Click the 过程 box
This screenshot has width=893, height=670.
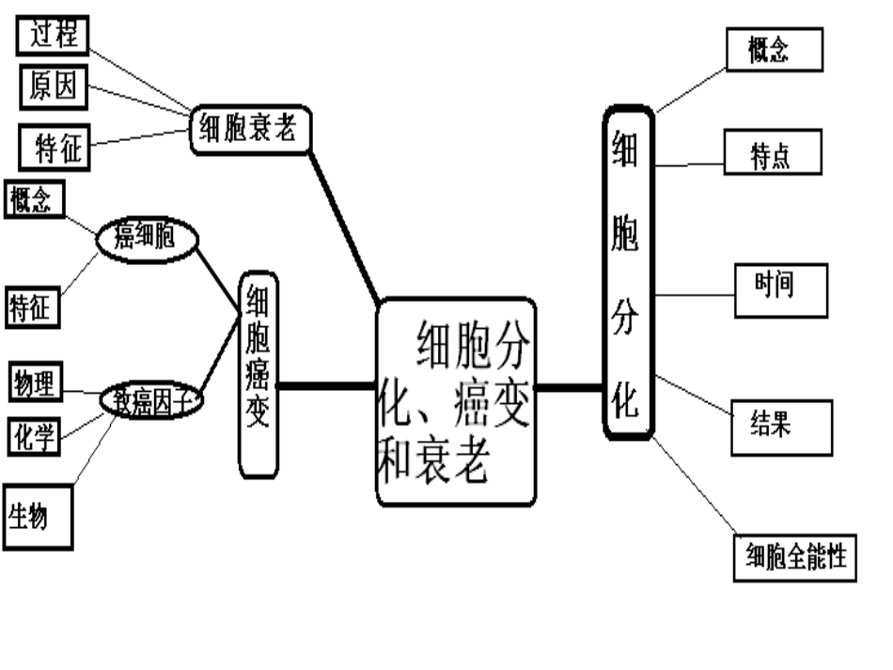53,35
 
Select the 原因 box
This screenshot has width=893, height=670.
54,89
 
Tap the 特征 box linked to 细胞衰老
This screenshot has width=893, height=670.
56,148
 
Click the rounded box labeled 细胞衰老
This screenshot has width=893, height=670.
250,130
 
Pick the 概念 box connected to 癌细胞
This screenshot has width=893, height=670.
35,200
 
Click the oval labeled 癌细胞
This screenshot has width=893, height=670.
147,239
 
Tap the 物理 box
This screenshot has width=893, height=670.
35,383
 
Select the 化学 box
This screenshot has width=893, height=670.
35,436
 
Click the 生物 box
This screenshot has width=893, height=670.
38,516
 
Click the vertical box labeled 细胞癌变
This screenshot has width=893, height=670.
258,373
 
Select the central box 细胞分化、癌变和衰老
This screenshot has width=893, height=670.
456,402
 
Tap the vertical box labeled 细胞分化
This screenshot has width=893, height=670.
628,272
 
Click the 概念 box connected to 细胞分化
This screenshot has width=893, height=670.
775,51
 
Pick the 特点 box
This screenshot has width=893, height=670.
773,153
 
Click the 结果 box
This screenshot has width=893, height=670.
782,428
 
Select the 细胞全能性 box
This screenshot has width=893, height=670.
795,557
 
